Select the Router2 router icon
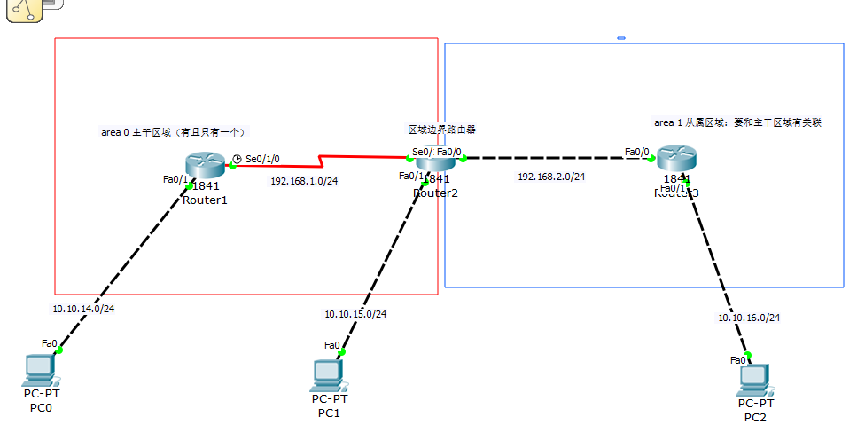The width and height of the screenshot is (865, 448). [x=435, y=160]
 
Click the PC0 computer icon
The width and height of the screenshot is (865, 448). [x=40, y=368]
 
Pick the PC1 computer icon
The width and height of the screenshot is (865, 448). [x=328, y=374]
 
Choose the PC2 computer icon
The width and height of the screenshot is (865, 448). [x=754, y=379]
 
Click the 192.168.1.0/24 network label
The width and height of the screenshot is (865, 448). [x=304, y=181]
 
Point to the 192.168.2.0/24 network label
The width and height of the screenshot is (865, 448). [x=551, y=177]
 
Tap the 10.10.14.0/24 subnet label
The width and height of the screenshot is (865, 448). [x=83, y=309]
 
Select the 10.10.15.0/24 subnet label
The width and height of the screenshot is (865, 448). [x=355, y=314]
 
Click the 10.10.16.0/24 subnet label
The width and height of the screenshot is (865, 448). [x=749, y=318]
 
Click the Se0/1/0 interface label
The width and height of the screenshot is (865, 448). [x=262, y=159]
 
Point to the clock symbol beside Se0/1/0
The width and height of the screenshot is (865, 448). [x=237, y=159]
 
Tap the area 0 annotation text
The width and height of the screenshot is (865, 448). [x=173, y=132]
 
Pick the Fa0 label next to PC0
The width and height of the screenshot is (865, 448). [x=49, y=343]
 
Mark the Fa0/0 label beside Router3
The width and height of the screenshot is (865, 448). [x=636, y=152]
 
